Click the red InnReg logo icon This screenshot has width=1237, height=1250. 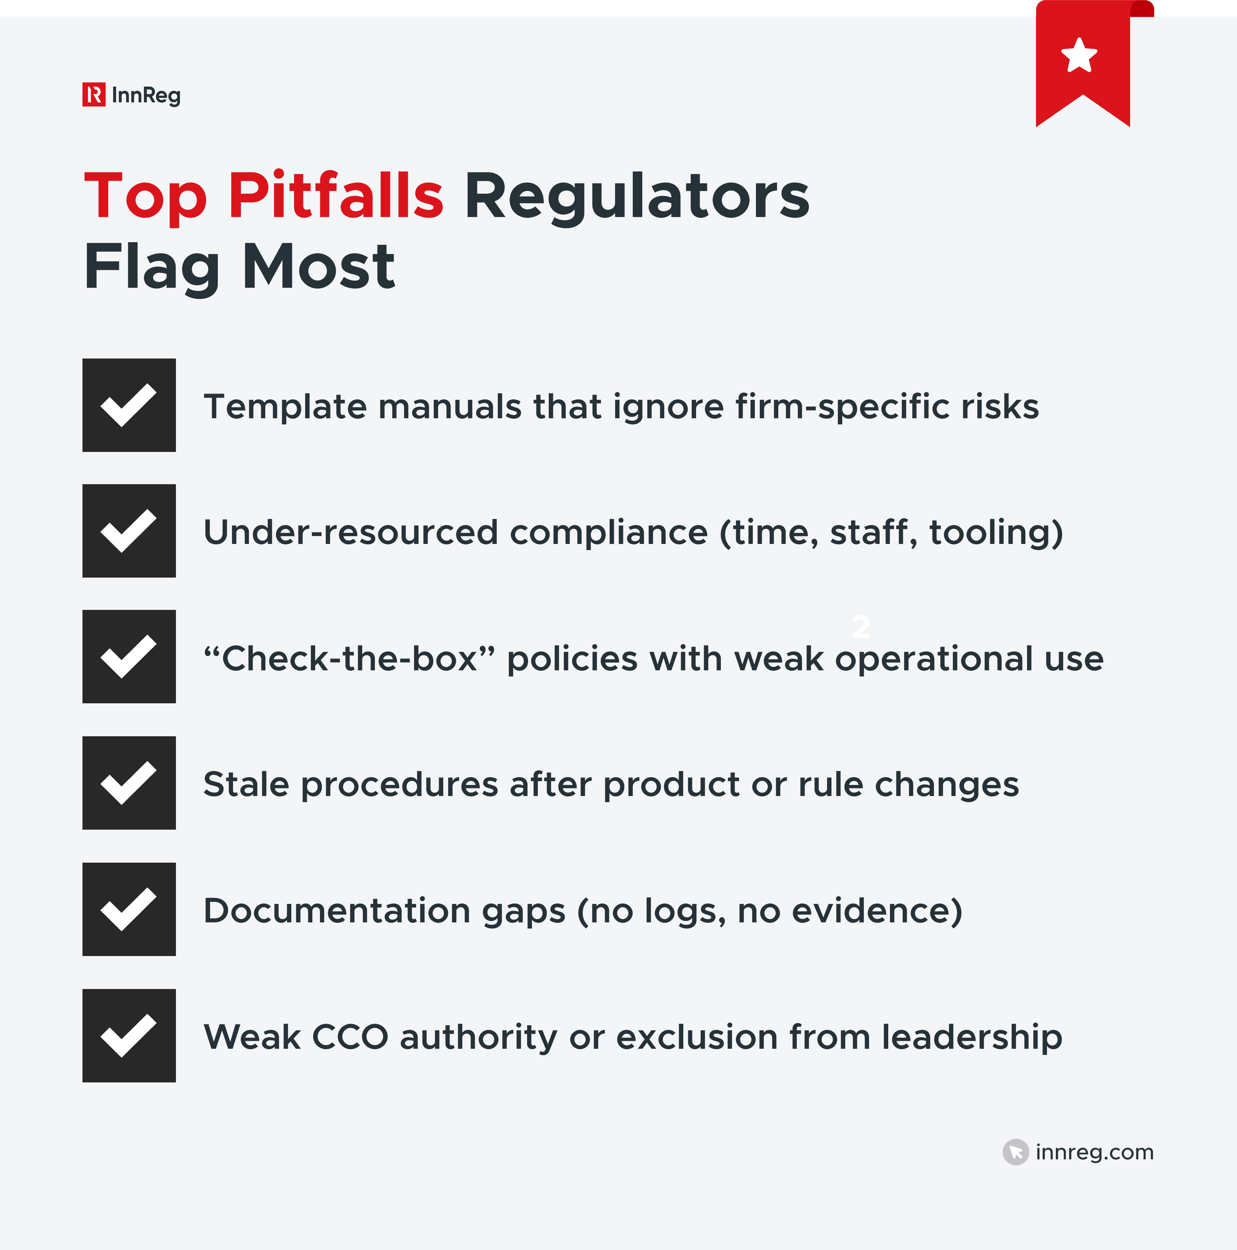pos(94,94)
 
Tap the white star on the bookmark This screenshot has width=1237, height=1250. pos(1079,56)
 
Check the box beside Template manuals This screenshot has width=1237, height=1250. pos(129,405)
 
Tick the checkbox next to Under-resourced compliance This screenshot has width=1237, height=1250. pos(129,531)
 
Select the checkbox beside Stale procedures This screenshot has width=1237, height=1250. pos(129,783)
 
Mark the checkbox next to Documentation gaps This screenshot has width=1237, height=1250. pos(129,909)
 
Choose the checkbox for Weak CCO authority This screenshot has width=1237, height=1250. pos(129,1035)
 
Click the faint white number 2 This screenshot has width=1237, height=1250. pos(861,626)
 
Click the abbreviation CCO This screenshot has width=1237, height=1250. pos(350,1037)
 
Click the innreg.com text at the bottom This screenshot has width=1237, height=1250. pos(1094,1152)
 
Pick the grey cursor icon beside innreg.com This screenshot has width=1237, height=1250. pos(1015,1152)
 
